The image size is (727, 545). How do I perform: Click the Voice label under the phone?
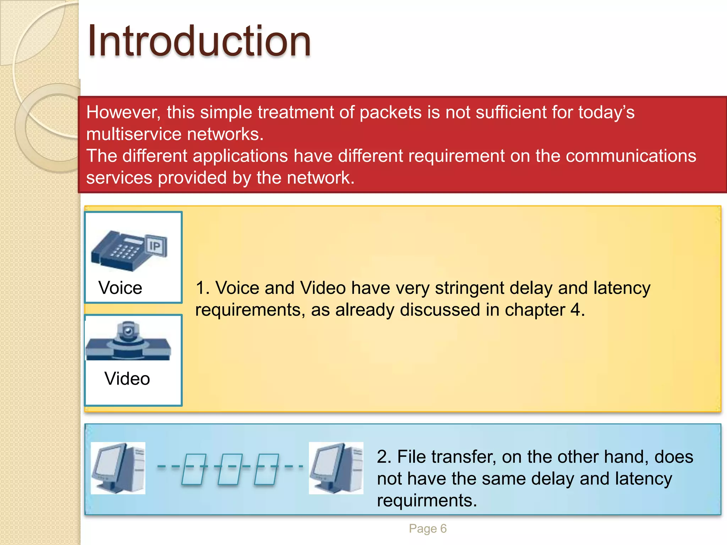click(120, 288)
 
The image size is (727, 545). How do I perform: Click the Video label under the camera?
click(127, 379)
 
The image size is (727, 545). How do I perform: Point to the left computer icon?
click(118, 468)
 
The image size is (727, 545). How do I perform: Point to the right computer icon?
click(336, 468)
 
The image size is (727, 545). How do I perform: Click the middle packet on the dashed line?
click(229, 469)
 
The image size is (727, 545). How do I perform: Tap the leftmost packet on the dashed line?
click(193, 469)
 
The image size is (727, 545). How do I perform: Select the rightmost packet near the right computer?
click(266, 469)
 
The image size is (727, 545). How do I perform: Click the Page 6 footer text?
click(427, 528)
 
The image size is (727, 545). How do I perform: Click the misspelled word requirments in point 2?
click(427, 501)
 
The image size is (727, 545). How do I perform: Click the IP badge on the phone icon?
click(155, 246)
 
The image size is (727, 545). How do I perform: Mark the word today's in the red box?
click(606, 112)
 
